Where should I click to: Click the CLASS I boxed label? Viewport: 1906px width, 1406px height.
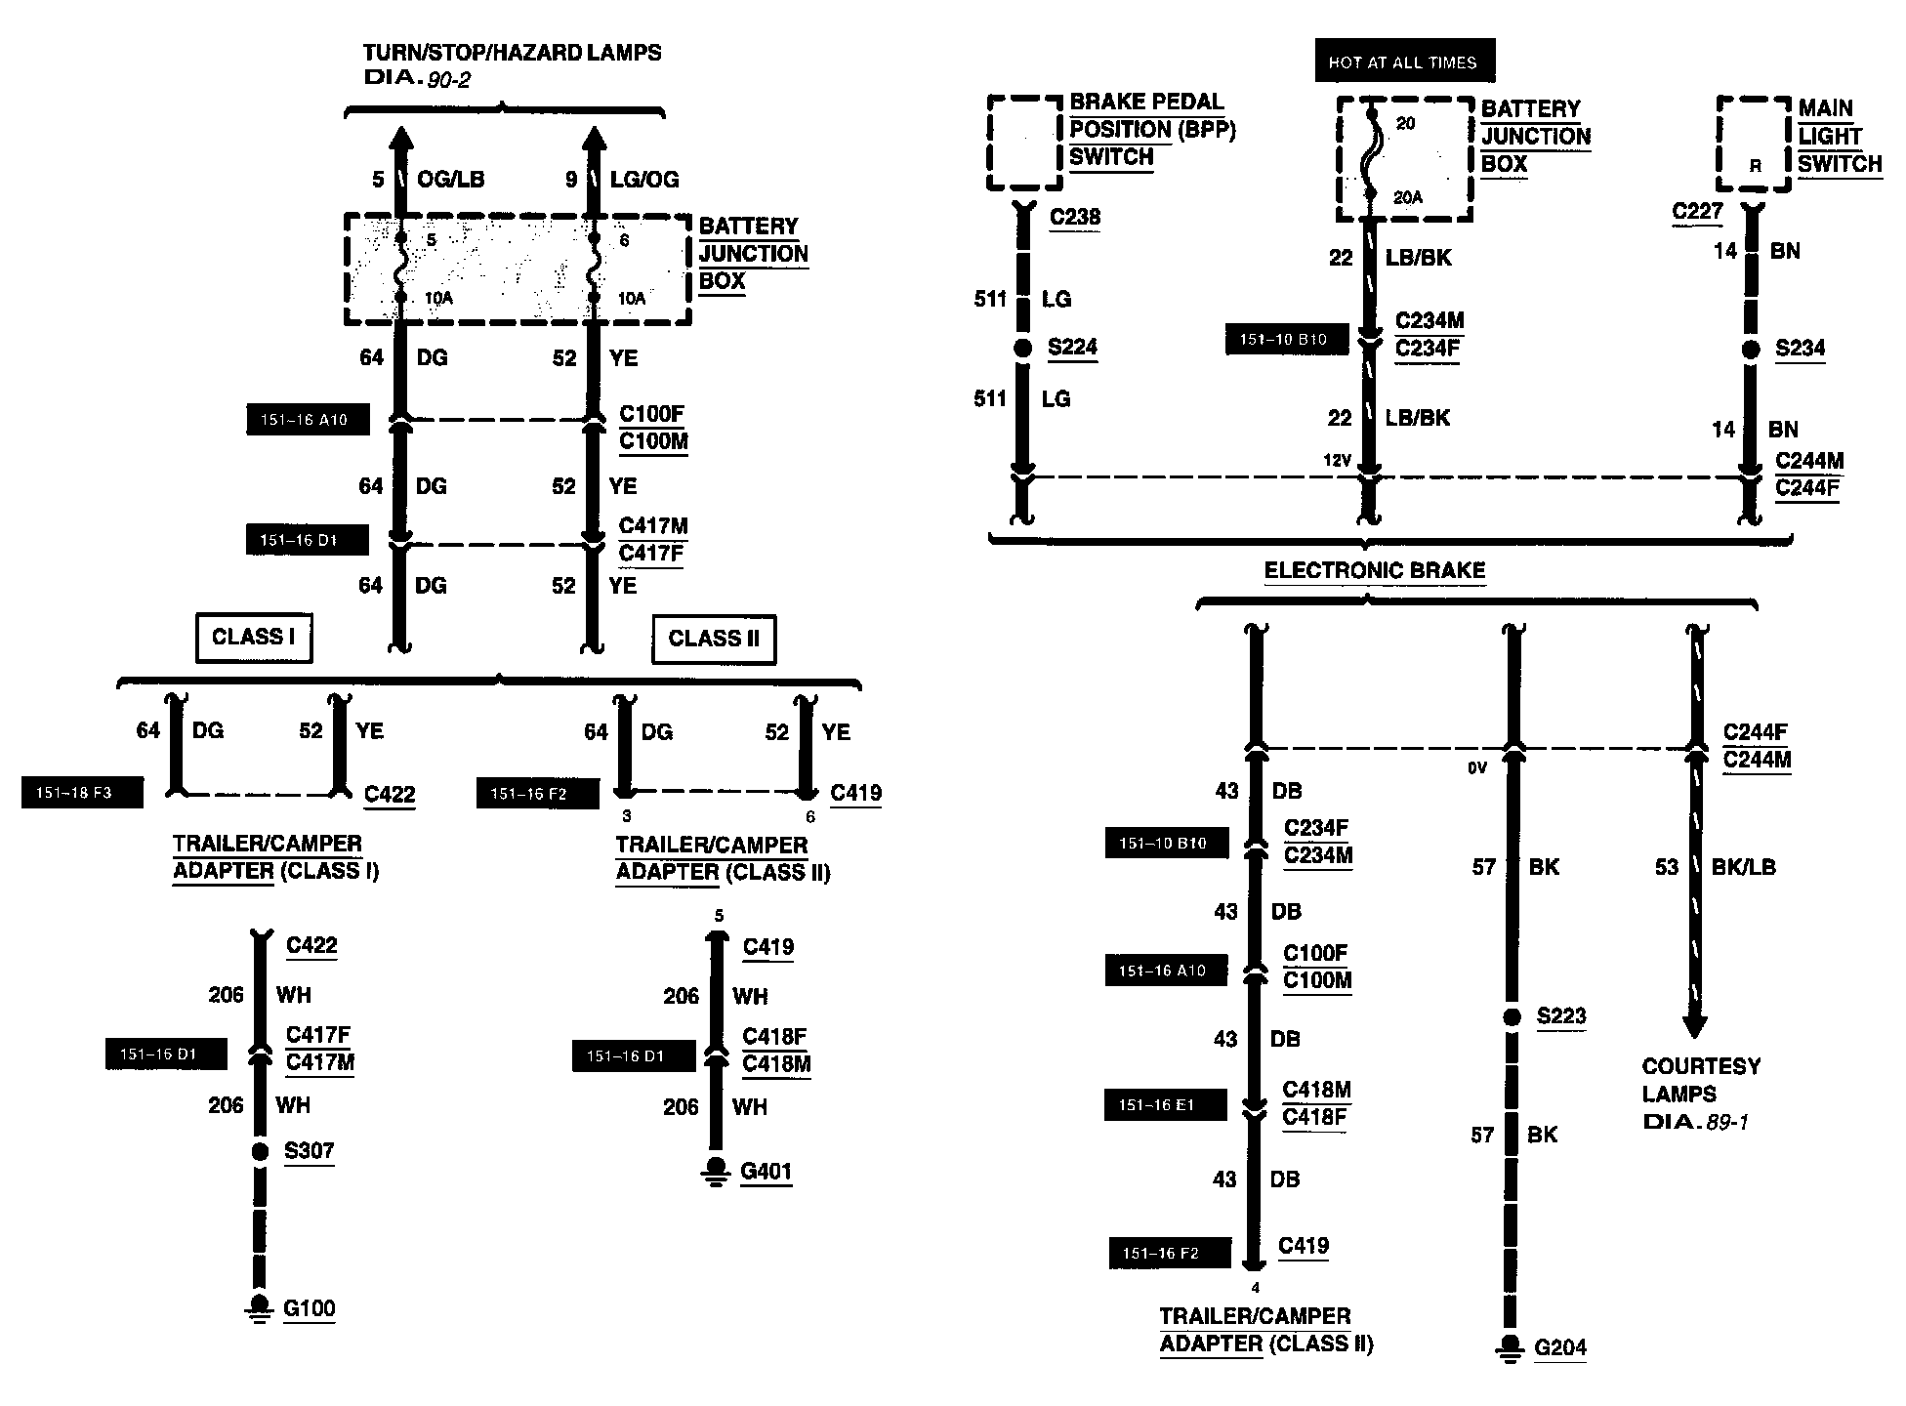pyautogui.click(x=253, y=638)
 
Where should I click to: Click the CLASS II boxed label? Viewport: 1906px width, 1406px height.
pyautogui.click(x=713, y=640)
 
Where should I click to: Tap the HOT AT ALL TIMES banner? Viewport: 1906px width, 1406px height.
pyautogui.click(x=1403, y=62)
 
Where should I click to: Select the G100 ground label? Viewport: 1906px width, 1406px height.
pyautogui.click(x=309, y=1308)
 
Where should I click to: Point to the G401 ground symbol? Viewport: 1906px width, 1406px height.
pyautogui.click(x=717, y=1171)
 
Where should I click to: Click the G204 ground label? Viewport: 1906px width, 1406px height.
pyautogui.click(x=1560, y=1348)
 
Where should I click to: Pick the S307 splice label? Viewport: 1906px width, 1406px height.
pyautogui.click(x=309, y=1150)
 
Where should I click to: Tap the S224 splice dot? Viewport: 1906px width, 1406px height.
pyautogui.click(x=1022, y=348)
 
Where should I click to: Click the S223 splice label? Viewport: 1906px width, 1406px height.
pyautogui.click(x=1560, y=1015)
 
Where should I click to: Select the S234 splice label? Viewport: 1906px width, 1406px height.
pyautogui.click(x=1799, y=349)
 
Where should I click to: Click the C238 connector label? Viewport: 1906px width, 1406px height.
pyautogui.click(x=1074, y=217)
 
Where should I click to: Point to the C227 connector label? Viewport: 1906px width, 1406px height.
pyautogui.click(x=1696, y=212)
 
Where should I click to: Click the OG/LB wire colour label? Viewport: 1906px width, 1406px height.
pyautogui.click(x=450, y=180)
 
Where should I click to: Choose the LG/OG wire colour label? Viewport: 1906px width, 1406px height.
pyautogui.click(x=643, y=180)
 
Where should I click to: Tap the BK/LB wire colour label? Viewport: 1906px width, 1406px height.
pyautogui.click(x=1743, y=867)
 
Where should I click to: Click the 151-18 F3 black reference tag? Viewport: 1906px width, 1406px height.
pyautogui.click(x=82, y=793)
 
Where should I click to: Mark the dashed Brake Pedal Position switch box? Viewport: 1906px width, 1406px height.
pyautogui.click(x=1023, y=142)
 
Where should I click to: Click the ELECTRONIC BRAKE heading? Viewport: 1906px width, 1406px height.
pyautogui.click(x=1374, y=570)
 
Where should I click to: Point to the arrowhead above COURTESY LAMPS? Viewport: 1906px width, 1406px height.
pyautogui.click(x=1695, y=1026)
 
